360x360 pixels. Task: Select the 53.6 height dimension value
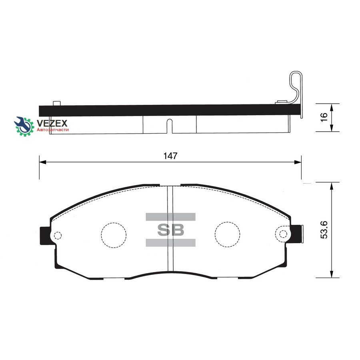324,230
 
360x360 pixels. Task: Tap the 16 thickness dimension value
324,117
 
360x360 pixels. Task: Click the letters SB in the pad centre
170,230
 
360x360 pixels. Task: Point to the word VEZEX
52,123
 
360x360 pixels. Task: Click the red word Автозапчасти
53,130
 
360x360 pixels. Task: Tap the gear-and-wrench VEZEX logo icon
24,126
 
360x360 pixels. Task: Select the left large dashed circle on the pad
114,234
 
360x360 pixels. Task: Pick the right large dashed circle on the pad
227,234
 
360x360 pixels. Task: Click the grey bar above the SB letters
170,217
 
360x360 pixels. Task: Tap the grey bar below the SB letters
170,242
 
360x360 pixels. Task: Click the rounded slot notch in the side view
170,126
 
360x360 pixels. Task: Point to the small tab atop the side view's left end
56,103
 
